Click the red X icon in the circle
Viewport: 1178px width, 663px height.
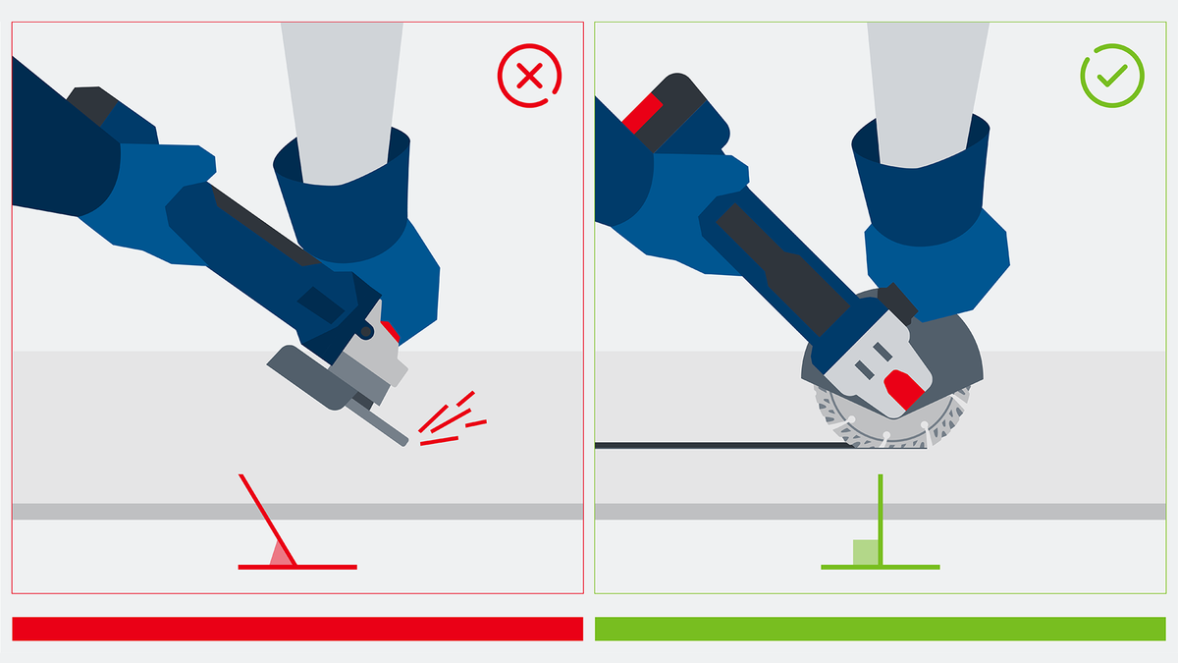coord(530,78)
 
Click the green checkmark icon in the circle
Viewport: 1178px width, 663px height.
coord(1112,78)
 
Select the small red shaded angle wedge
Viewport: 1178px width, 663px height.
coord(282,556)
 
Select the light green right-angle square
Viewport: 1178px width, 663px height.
coord(865,552)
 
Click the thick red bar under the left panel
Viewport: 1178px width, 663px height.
coord(296,629)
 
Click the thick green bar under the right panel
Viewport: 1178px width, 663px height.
coord(880,629)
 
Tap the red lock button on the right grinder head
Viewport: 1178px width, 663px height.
coord(902,389)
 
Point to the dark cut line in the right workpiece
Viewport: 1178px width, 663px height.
coord(717,446)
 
